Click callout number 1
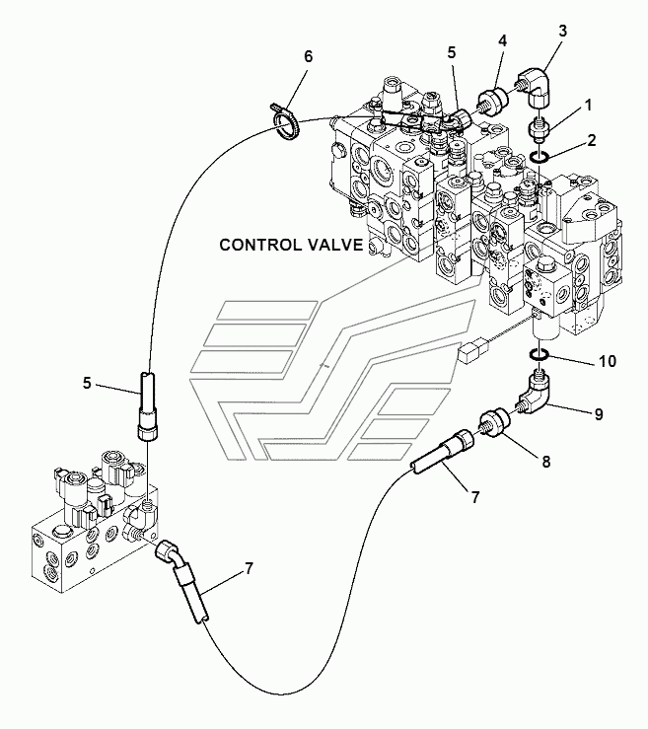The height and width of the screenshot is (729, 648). (588, 106)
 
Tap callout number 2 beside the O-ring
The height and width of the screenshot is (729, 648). (592, 140)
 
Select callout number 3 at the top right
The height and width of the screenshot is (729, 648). (562, 32)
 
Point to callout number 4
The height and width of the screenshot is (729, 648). (502, 40)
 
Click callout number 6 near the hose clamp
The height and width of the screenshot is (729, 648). (308, 56)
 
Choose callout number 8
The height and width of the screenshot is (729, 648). (545, 462)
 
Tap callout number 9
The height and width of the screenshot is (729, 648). (599, 413)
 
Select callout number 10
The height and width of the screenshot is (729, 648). (607, 361)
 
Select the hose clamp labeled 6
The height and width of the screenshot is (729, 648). (285, 121)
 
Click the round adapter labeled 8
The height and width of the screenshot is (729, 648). (494, 421)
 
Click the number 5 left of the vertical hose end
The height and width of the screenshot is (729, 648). (87, 383)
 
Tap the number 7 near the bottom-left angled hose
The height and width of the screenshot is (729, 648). (249, 568)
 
